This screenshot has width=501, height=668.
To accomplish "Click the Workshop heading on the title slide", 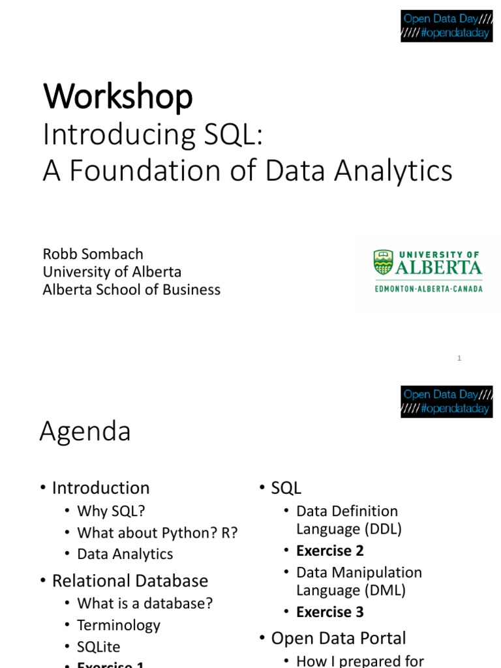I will click(x=117, y=97).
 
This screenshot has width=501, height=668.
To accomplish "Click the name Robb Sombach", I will click(x=93, y=254).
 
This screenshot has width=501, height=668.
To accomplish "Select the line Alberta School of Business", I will click(x=131, y=289).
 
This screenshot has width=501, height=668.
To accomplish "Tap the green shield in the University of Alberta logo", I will click(x=383, y=262).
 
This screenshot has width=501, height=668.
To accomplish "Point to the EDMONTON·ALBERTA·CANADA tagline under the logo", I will click(x=428, y=288).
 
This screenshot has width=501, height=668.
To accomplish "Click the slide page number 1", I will click(x=459, y=358).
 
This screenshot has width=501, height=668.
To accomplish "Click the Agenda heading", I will click(x=85, y=432).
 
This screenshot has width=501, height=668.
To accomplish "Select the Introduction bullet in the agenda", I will click(x=100, y=488).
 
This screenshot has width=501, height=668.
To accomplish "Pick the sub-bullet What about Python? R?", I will click(x=157, y=532).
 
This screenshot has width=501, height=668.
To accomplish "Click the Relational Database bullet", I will click(x=130, y=581).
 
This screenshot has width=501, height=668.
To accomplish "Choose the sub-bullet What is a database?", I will click(x=145, y=603).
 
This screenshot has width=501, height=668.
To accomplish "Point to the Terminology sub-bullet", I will click(x=118, y=625).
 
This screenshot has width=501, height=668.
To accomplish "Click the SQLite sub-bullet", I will click(x=99, y=647).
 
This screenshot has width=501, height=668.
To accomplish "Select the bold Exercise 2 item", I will click(x=329, y=551).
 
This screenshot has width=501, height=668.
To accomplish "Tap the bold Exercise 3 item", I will click(x=329, y=612).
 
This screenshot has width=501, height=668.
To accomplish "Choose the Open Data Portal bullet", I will click(x=338, y=638).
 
